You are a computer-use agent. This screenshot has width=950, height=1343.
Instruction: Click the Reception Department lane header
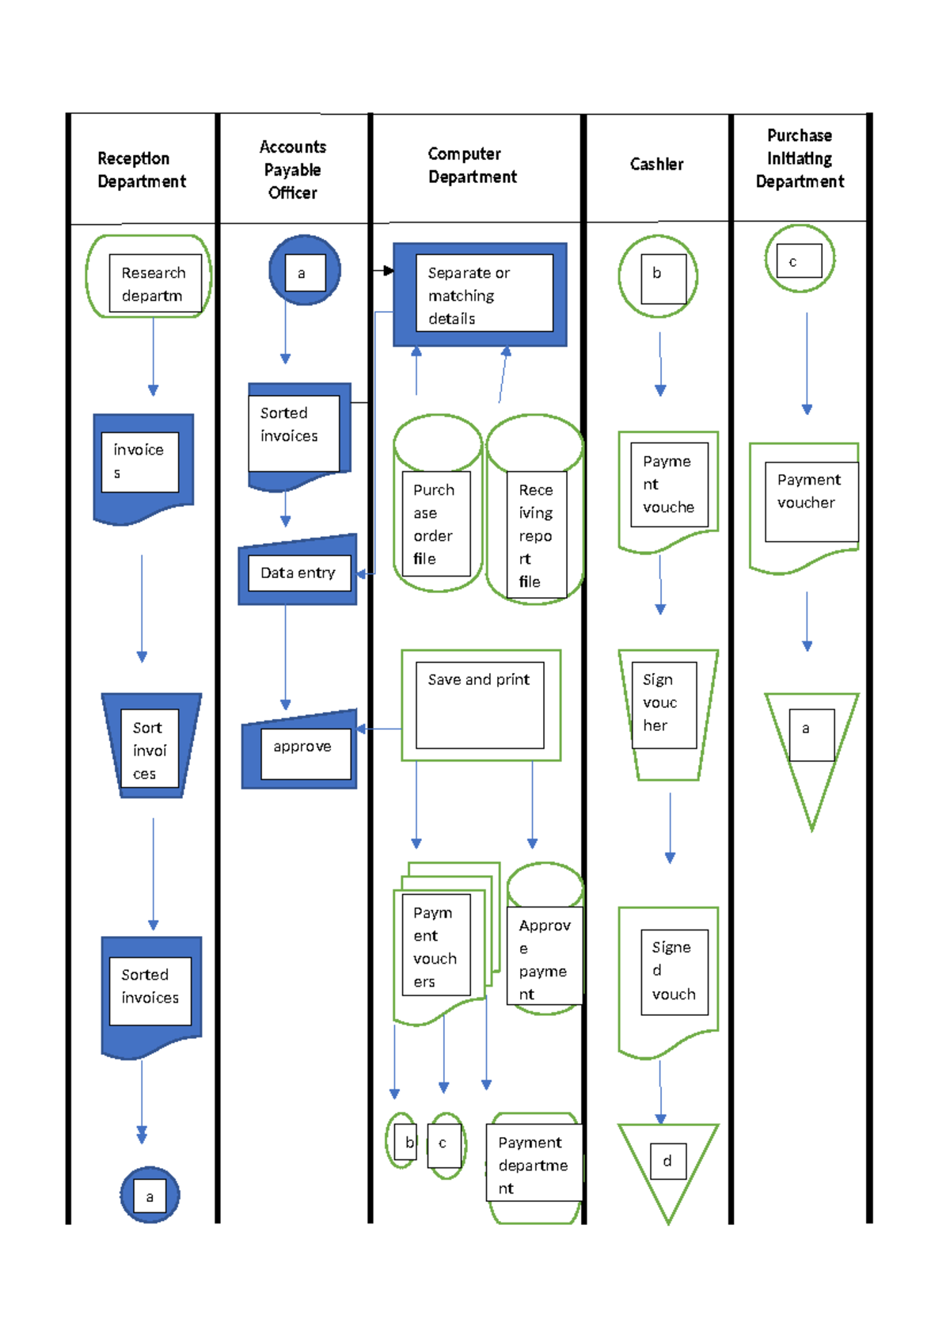coord(142,169)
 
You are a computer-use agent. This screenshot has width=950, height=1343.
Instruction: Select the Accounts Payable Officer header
coord(293,169)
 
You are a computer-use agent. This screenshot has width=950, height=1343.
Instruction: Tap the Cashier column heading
coord(656,164)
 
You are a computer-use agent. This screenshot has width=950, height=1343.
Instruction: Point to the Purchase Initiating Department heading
coord(800,158)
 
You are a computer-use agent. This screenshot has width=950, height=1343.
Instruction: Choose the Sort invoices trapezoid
coord(150,747)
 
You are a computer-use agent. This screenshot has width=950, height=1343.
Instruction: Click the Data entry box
coord(298,572)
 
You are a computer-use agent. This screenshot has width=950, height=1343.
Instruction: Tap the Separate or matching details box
coord(480,295)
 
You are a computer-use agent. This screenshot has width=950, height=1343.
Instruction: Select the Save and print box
coord(481,705)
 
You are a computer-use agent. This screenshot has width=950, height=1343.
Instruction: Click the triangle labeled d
coord(667,1164)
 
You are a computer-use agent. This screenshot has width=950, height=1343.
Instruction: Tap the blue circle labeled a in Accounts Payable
coord(304,271)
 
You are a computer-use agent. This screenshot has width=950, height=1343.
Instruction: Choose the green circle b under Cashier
coord(658,276)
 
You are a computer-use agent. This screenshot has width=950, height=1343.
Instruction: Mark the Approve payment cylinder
coord(545,942)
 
